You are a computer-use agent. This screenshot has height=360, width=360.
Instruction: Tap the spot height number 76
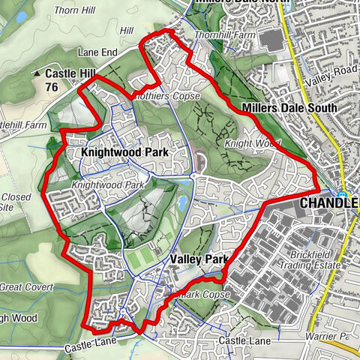click(x=52, y=87)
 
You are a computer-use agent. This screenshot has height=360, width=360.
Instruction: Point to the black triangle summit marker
click(x=37, y=73)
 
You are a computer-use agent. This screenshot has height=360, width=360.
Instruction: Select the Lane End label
click(x=97, y=52)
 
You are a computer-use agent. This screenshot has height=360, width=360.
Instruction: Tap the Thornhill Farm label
click(x=224, y=35)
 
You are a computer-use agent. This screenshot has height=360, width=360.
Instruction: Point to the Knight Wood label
click(x=251, y=142)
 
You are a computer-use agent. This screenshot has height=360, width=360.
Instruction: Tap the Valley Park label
click(x=198, y=259)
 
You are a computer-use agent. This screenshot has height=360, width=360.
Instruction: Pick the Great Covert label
click(x=27, y=287)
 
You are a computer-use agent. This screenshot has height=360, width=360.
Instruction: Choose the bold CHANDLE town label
click(x=328, y=203)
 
